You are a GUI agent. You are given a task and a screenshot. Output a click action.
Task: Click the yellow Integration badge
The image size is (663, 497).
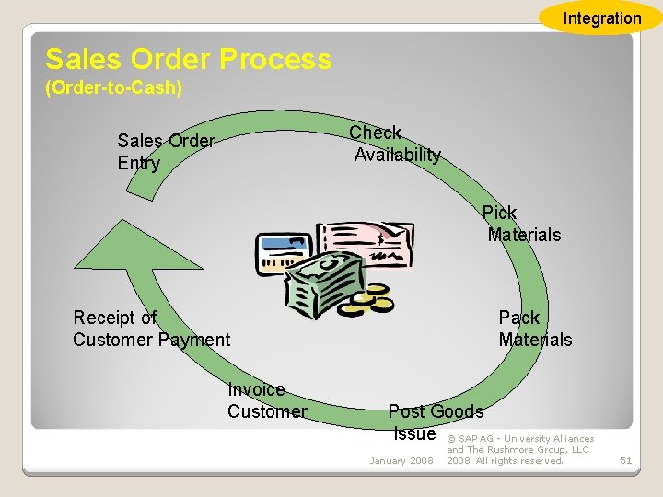[601, 17]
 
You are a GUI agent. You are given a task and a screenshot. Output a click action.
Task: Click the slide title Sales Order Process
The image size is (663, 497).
[188, 60]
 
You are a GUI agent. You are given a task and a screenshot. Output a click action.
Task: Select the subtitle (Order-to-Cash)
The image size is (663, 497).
[113, 88]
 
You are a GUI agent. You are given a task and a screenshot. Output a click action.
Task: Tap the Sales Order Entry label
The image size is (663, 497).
[166, 152]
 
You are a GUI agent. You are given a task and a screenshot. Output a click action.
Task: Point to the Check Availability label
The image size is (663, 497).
[395, 144]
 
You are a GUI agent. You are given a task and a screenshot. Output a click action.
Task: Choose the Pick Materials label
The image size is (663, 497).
[522, 224]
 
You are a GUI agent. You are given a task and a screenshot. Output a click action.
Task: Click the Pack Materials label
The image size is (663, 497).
[534, 329]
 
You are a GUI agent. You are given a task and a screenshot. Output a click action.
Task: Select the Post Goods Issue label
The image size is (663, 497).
[435, 422]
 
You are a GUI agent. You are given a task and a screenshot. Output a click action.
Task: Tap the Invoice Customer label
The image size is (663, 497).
[266, 400]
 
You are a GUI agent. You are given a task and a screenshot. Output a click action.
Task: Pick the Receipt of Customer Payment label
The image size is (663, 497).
[151, 329]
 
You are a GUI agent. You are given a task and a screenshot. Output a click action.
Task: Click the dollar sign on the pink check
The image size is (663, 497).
[379, 240]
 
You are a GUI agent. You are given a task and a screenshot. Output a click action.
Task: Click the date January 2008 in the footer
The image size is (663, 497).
[401, 460]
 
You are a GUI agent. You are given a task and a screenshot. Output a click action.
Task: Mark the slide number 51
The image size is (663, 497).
[625, 460]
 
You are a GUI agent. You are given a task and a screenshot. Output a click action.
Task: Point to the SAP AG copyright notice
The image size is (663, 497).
[520, 449]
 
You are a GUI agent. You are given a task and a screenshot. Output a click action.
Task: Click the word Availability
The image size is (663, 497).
[397, 155]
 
